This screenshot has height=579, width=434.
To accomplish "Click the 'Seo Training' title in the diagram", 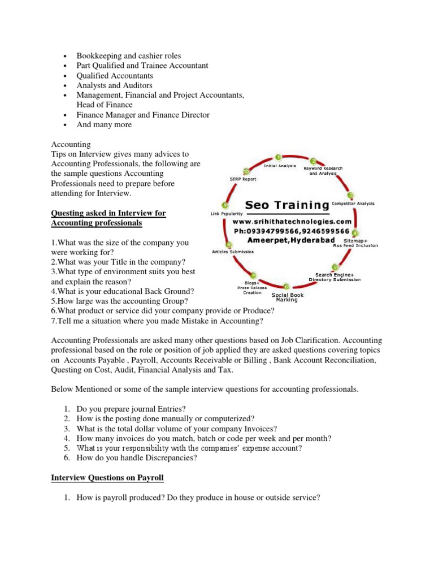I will (287, 204).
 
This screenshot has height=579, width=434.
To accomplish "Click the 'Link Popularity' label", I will (227, 214).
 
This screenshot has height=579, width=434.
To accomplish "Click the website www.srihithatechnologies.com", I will (292, 222).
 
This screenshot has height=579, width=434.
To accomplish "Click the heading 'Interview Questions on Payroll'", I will (107, 478).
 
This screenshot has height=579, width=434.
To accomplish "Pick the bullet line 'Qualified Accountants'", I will (115, 76).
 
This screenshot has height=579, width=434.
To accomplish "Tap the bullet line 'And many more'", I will (105, 125).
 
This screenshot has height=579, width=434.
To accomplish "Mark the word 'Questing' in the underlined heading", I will (68, 213).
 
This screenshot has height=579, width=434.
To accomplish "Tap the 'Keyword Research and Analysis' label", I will (323, 171).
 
